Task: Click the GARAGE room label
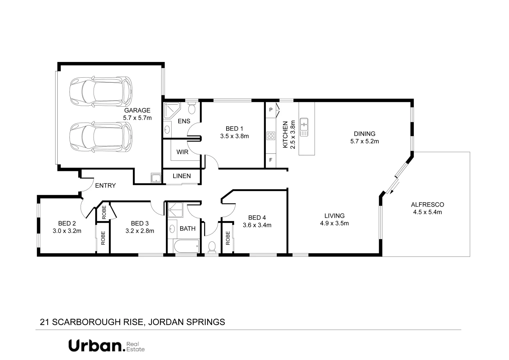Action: [x=137, y=110]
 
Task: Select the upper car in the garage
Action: [x=101, y=92]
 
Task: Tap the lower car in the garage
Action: [x=101, y=137]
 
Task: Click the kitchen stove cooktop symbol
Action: [x=270, y=136]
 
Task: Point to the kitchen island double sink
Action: [x=304, y=127]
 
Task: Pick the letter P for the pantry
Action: [x=270, y=110]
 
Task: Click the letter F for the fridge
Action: [x=270, y=160]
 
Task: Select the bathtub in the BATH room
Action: [x=186, y=246]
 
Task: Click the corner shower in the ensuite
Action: [x=172, y=111]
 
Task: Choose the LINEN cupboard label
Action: [x=182, y=176]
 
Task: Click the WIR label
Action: [x=182, y=152]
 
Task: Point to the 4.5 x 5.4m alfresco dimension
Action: [x=427, y=212]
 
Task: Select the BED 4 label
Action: [x=257, y=218]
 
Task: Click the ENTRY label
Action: [x=105, y=186]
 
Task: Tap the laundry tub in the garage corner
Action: [x=156, y=178]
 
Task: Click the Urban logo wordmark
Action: [x=97, y=346]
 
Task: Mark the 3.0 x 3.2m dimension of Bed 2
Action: [x=67, y=231]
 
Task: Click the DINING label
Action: [x=364, y=134]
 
